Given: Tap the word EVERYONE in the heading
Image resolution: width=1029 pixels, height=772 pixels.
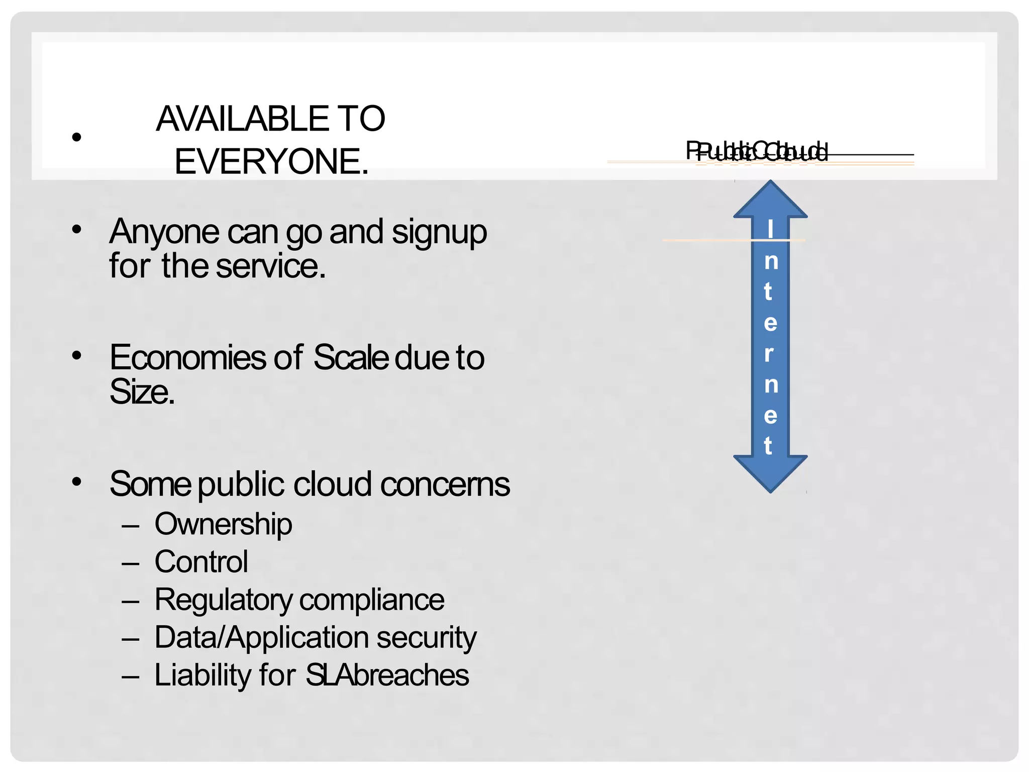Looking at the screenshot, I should click(x=271, y=162).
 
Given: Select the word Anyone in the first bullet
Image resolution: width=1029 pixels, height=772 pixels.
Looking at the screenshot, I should click(x=164, y=232).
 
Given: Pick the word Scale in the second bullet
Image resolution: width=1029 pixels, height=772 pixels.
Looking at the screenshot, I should click(x=351, y=358).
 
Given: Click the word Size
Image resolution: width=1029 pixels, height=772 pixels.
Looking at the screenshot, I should click(x=142, y=392).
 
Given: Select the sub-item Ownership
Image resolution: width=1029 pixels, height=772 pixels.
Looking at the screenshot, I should click(x=223, y=524).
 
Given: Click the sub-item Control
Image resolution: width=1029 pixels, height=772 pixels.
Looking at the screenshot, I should click(x=201, y=562).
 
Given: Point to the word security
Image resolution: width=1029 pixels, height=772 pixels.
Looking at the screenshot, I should click(x=426, y=638).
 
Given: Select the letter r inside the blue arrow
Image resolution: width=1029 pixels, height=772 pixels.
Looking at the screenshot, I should click(x=769, y=354).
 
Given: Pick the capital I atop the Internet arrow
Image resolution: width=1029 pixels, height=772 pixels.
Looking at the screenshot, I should click(x=770, y=229).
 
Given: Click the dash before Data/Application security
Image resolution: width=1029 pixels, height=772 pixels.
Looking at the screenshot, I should click(x=130, y=639).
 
